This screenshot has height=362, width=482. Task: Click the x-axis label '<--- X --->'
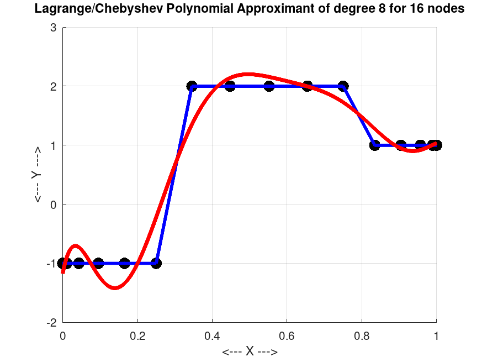[250, 352]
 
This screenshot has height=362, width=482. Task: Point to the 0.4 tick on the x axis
[212, 334]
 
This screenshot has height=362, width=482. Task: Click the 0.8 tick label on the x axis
[362, 334]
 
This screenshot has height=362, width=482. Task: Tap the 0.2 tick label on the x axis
[137, 334]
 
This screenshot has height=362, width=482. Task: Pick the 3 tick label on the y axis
[54, 28]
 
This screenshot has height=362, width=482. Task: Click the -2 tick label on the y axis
[52, 322]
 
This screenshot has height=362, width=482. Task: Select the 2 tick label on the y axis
[54, 86]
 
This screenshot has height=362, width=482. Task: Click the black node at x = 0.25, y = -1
[156, 263]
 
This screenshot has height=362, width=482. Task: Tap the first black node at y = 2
[192, 86]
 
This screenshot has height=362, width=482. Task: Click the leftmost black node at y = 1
[375, 145]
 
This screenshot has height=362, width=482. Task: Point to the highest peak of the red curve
[248, 74]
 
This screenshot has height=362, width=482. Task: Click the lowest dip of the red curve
[114, 287]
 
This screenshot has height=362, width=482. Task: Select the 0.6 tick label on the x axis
[287, 334]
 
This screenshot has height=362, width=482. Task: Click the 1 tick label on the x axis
[436, 334]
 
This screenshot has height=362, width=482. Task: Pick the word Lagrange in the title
[57, 9]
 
